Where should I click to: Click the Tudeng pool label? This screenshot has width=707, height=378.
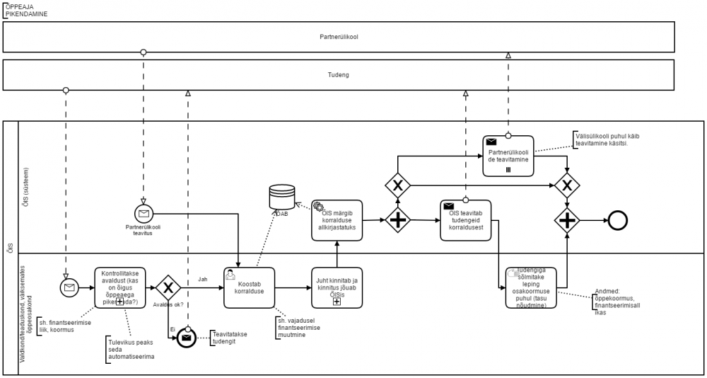pos(339,74)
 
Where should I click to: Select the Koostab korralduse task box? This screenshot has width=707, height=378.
pos(249,287)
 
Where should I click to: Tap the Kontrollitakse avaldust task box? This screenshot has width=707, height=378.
pos(119,287)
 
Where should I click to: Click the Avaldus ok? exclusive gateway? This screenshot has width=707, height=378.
pos(168,287)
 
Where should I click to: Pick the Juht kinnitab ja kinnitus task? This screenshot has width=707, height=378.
pos(337,287)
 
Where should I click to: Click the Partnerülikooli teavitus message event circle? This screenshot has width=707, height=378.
pos(144,212)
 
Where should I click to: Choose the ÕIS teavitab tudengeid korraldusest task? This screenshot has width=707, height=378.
pos(465,220)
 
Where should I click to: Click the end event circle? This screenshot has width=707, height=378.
pos(617,220)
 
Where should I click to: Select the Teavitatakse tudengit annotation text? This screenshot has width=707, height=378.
pos(230,337)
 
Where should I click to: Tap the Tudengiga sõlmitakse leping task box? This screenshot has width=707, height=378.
pos(531,288)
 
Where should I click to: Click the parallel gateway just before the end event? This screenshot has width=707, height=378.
pos(566,220)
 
